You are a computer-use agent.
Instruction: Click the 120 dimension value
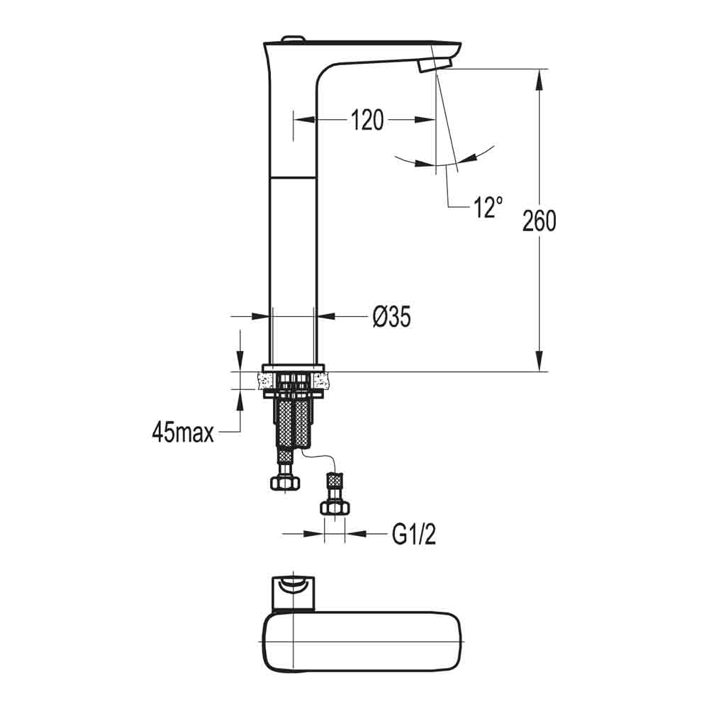[367, 121]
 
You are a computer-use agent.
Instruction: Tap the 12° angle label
[489, 207]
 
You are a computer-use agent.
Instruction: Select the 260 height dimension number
[539, 221]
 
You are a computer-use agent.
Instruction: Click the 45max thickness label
[182, 432]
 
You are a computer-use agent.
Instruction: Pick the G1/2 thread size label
[413, 535]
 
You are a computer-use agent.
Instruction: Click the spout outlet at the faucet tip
[434, 65]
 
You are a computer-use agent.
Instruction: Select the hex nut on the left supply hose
[285, 482]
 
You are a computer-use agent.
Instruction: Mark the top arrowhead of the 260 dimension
[540, 78]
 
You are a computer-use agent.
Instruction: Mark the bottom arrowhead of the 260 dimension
[540, 362]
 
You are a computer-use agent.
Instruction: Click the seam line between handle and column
[293, 175]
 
